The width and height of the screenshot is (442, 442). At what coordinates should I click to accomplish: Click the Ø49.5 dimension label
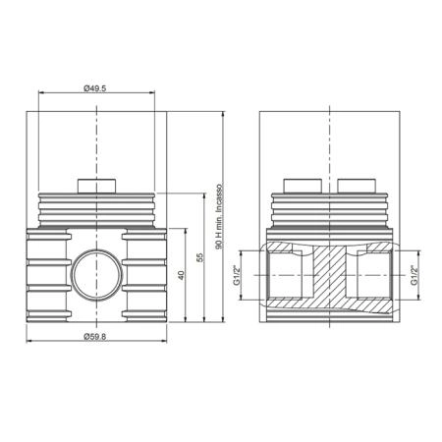pos(95,88)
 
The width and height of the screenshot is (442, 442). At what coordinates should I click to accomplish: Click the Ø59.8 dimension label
pos(95,337)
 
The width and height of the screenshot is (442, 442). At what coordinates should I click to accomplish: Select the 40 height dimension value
pos(181,275)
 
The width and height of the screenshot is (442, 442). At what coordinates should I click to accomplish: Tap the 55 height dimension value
pos(199,257)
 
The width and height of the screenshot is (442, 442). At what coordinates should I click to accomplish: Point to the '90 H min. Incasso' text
pos(219,217)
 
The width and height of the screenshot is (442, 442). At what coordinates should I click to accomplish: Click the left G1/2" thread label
pos(237,275)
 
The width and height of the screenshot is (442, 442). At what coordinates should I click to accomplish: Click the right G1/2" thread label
pos(414,275)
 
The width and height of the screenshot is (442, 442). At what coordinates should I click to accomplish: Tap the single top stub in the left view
pos(97,186)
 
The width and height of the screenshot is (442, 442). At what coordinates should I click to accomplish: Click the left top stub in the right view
pos(303,186)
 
